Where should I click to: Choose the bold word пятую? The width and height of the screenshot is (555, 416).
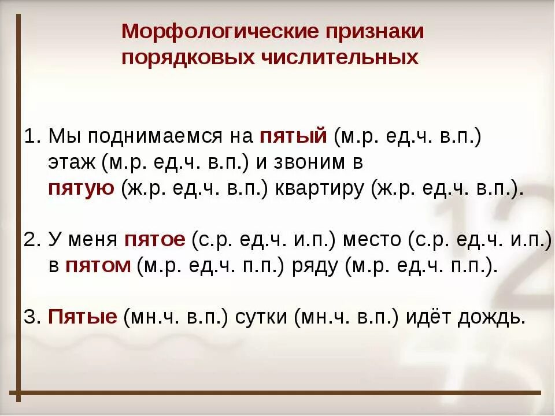tap(81, 189)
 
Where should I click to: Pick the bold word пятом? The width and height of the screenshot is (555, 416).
tap(98, 266)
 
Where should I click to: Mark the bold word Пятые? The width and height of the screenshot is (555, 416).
tap(83, 317)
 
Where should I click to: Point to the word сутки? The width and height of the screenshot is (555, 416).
tap(261, 317)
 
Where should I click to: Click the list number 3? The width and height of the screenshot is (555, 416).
tap(31, 317)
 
